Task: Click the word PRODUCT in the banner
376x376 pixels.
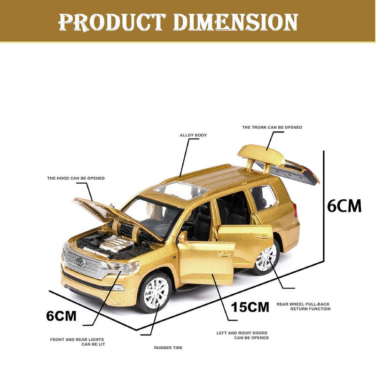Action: point(112,22)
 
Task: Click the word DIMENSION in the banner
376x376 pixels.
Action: point(235,22)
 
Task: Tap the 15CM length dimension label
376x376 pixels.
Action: point(250,307)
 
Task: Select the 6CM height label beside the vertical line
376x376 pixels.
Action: point(345,206)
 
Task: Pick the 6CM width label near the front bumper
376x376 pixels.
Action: point(61,316)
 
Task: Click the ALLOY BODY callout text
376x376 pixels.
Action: point(193,135)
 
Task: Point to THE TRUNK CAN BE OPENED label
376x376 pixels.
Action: point(272,127)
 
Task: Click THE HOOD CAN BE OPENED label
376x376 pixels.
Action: point(76,178)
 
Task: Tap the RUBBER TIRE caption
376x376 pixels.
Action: point(168,348)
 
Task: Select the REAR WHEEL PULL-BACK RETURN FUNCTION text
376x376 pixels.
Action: point(303,306)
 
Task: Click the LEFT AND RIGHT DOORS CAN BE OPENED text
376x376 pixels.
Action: point(243,335)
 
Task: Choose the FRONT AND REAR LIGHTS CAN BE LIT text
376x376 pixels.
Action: point(78,342)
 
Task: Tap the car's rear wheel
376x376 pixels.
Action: point(266,258)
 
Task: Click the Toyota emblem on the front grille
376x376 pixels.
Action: point(80,262)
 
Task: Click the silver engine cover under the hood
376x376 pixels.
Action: point(117,244)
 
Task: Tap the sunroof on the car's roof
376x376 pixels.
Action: point(180,190)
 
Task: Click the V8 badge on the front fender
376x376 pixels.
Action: point(174,257)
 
